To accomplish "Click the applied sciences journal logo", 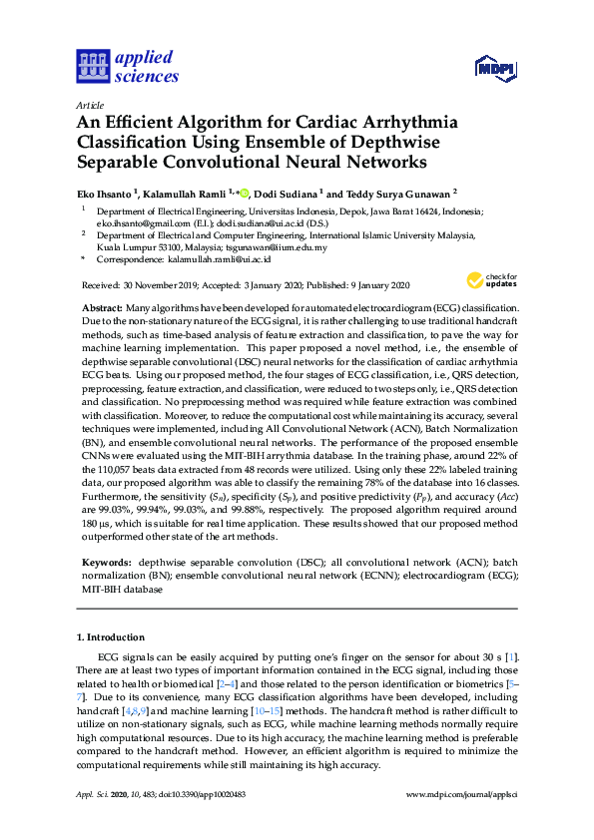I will (x=127, y=66).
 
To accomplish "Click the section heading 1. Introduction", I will (x=111, y=636).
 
